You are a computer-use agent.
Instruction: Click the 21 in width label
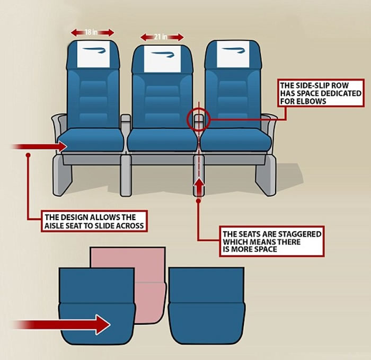click(x=161, y=37)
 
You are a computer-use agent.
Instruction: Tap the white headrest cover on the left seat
click(x=94, y=54)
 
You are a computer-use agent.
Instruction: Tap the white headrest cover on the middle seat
click(x=162, y=59)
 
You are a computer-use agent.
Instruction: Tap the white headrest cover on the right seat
click(x=233, y=54)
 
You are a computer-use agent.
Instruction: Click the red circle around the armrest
click(x=199, y=119)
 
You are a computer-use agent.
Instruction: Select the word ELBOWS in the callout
click(x=303, y=101)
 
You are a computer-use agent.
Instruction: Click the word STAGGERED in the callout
click(x=299, y=234)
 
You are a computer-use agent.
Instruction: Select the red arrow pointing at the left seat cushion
click(x=39, y=146)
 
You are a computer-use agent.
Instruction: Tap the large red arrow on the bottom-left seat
click(x=62, y=324)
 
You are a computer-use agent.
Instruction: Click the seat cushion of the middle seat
click(x=162, y=140)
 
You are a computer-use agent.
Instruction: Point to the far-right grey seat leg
click(x=266, y=175)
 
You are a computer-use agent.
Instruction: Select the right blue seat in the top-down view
click(x=207, y=307)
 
